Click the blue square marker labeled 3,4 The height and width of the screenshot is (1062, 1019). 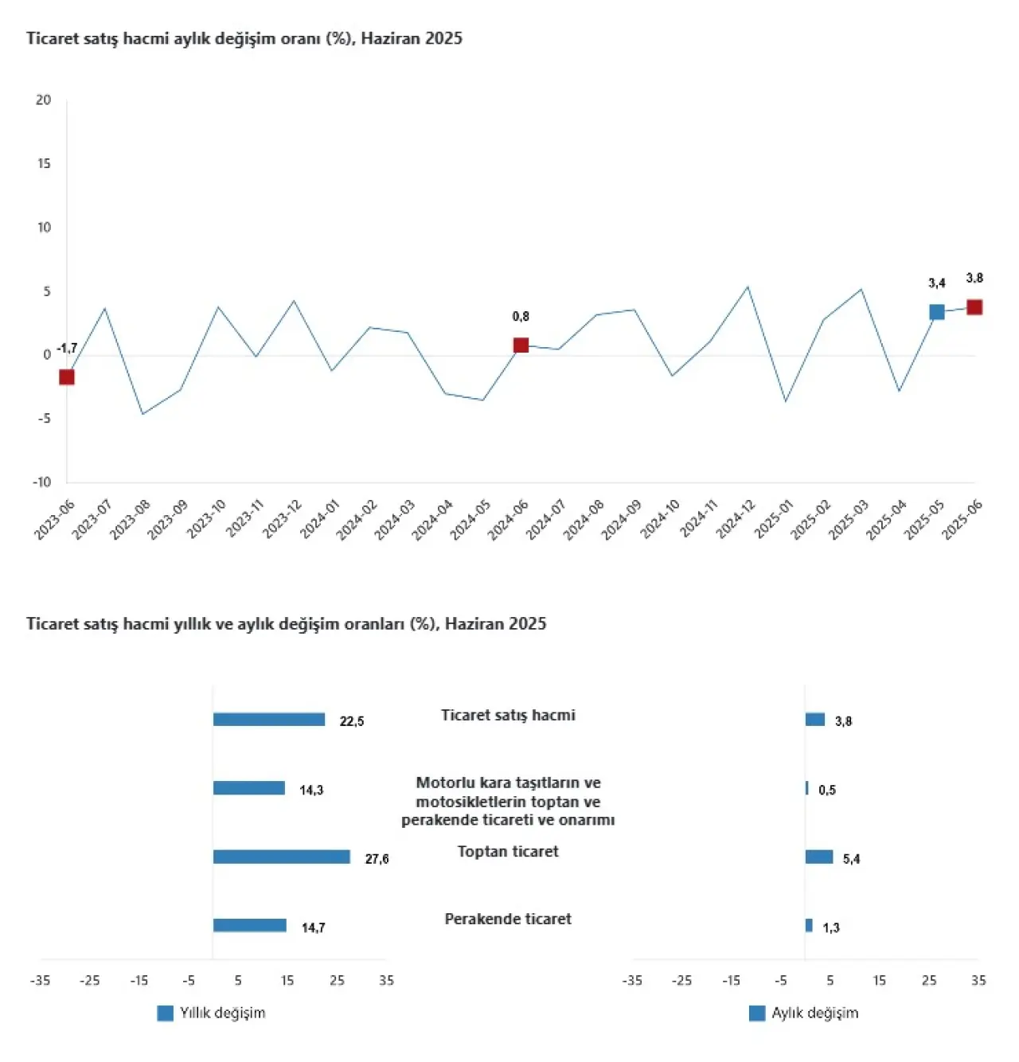pyautogui.click(x=936, y=312)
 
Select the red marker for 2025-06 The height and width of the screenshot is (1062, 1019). pyautogui.click(x=974, y=307)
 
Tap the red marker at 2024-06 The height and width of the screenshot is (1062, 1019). pyautogui.click(x=521, y=345)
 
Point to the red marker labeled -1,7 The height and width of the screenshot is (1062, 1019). pyautogui.click(x=67, y=377)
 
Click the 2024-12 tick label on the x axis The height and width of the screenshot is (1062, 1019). pyautogui.click(x=736, y=519)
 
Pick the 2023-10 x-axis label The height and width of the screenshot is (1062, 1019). pyautogui.click(x=206, y=519)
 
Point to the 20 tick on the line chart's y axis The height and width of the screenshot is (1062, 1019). pyautogui.click(x=43, y=100)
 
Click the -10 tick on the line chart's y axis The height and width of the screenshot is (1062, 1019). pyautogui.click(x=41, y=482)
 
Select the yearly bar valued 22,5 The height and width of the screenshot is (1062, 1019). pyautogui.click(x=269, y=720)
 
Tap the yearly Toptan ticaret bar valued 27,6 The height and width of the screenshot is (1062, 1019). pyautogui.click(x=282, y=857)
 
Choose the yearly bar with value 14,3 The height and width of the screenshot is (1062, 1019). pyautogui.click(x=249, y=788)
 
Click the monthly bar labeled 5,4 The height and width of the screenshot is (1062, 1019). pyautogui.click(x=819, y=857)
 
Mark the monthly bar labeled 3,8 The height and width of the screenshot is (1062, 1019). pyautogui.click(x=815, y=720)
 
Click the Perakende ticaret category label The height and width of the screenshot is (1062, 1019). pyautogui.click(x=508, y=919)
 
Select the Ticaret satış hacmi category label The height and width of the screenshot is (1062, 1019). pyautogui.click(x=508, y=715)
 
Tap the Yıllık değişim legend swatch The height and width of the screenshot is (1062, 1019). pyautogui.click(x=166, y=1013)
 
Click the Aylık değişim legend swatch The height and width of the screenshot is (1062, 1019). pyautogui.click(x=757, y=1013)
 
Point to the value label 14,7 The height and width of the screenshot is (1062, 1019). pyautogui.click(x=314, y=927)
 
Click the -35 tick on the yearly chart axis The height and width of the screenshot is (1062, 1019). pyautogui.click(x=40, y=980)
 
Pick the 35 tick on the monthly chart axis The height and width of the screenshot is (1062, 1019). pyautogui.click(x=978, y=980)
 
